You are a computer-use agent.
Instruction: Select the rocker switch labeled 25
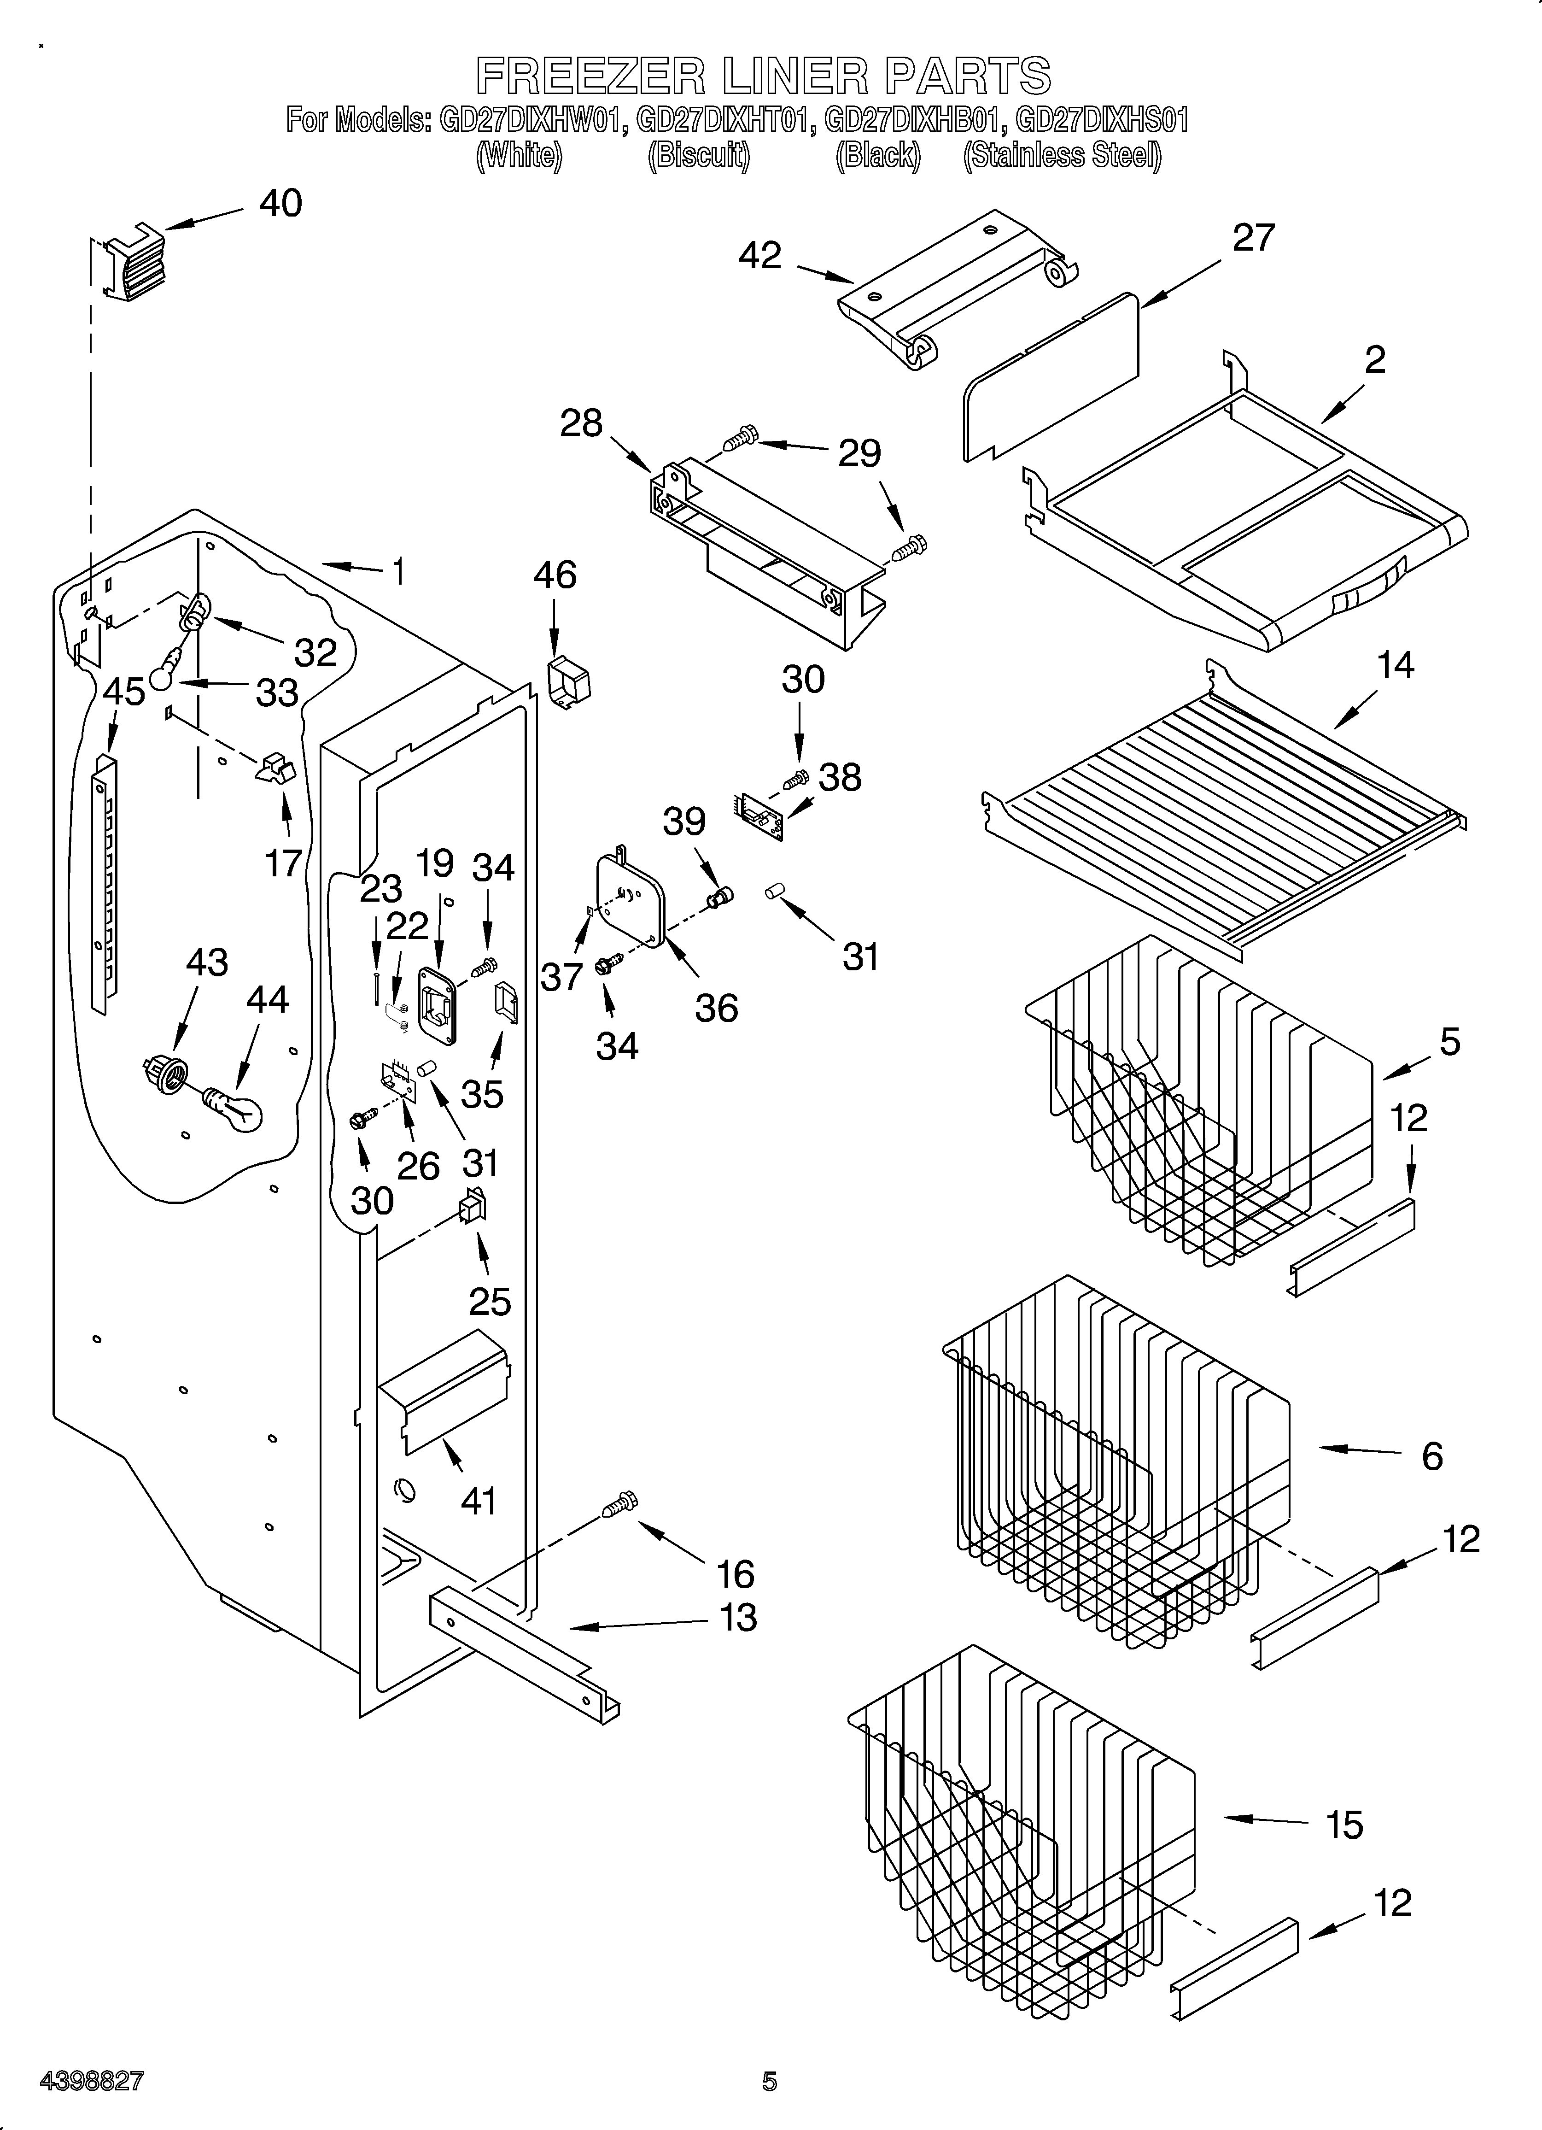472,1208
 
